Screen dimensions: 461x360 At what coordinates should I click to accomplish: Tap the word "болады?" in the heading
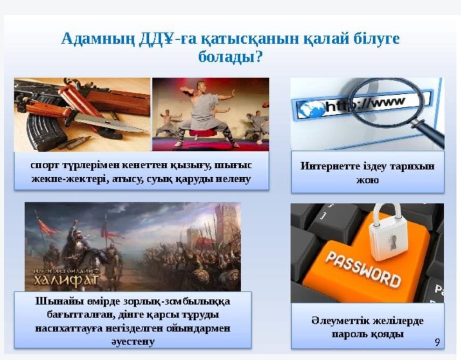[x=230, y=56]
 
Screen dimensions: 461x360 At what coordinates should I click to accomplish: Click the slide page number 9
[x=438, y=342]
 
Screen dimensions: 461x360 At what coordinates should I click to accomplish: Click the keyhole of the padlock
[x=392, y=242]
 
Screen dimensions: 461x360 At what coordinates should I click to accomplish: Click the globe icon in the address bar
[x=310, y=109]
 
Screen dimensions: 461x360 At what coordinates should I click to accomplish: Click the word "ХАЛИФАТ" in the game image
[x=66, y=279]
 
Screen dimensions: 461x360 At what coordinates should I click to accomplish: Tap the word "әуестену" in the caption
[x=133, y=342]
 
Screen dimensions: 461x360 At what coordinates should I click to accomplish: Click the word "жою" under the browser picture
[x=368, y=180]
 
